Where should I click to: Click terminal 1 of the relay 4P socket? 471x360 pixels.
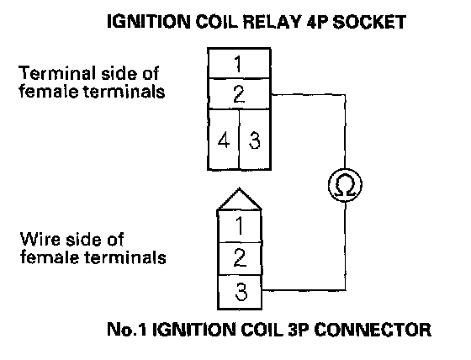coord(240,63)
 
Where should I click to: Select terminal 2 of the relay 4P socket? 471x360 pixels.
coord(240,93)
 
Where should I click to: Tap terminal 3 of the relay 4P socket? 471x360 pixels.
coord(255,140)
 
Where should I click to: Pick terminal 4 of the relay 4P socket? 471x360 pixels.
coord(224,140)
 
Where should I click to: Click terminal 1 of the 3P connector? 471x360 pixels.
coord(240,226)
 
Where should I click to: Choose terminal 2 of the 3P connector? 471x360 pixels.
coord(240,258)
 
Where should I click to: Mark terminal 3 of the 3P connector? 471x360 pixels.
coord(240,292)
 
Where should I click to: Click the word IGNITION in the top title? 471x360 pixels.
coord(149,22)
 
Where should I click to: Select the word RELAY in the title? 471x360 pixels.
coord(272,22)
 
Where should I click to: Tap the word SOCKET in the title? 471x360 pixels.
coord(369,22)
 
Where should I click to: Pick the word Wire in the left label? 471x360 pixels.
coord(40,240)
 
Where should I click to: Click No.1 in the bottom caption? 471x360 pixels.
coord(127,330)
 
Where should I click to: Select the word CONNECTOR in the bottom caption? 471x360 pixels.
coord(373,330)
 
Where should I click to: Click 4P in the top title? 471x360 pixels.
coord(317,22)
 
